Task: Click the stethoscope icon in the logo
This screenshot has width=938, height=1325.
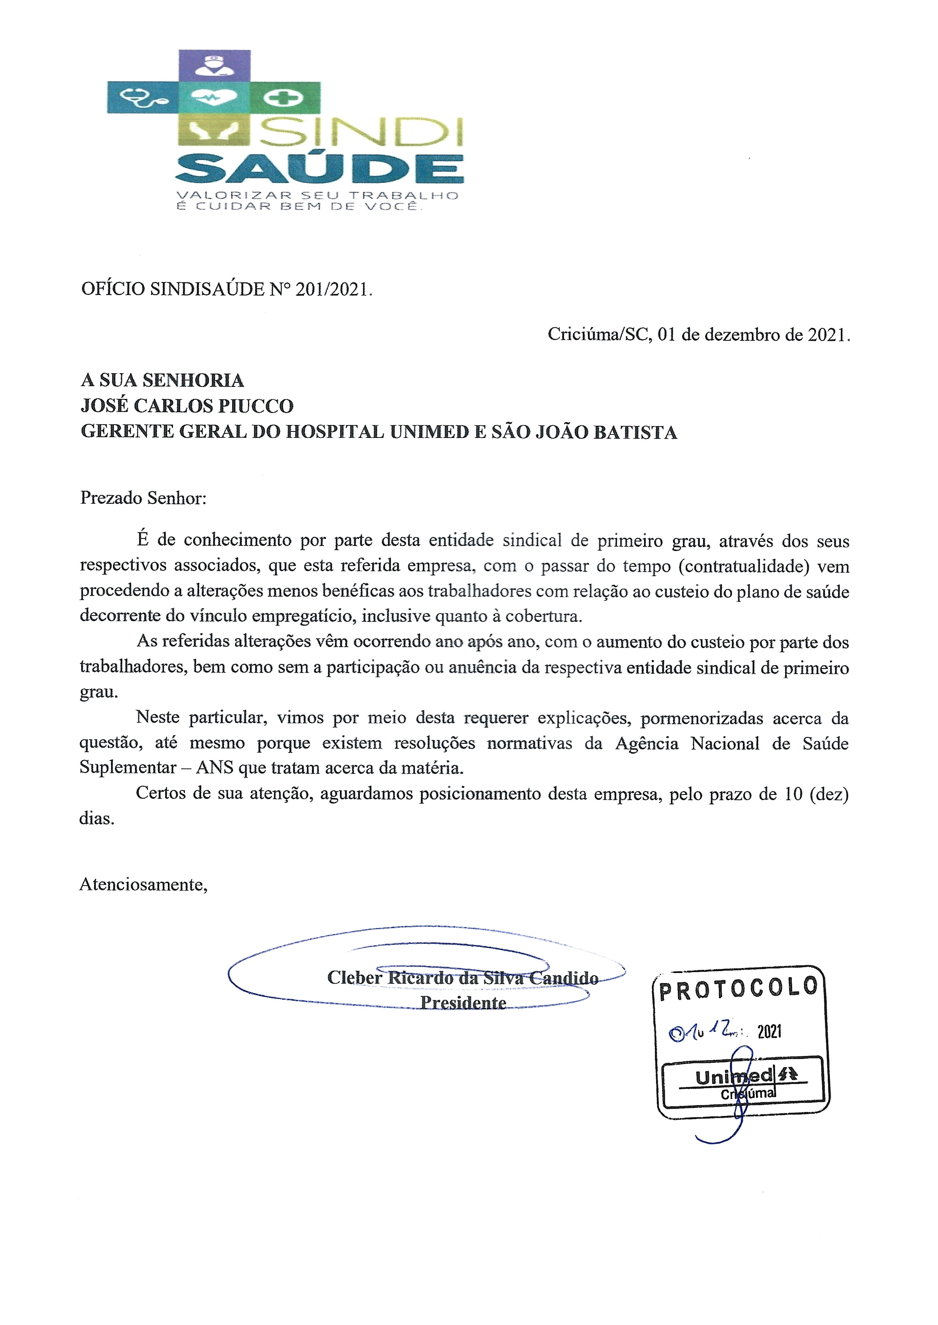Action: [143, 98]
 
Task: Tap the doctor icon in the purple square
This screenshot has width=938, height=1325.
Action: [214, 65]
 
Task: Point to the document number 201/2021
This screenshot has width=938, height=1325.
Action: [332, 289]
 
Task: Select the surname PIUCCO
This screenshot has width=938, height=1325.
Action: [256, 406]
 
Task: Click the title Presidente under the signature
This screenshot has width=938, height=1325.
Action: [463, 1003]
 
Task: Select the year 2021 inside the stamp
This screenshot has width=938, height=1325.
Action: [769, 1032]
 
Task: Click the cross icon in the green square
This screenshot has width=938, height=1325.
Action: [284, 97]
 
